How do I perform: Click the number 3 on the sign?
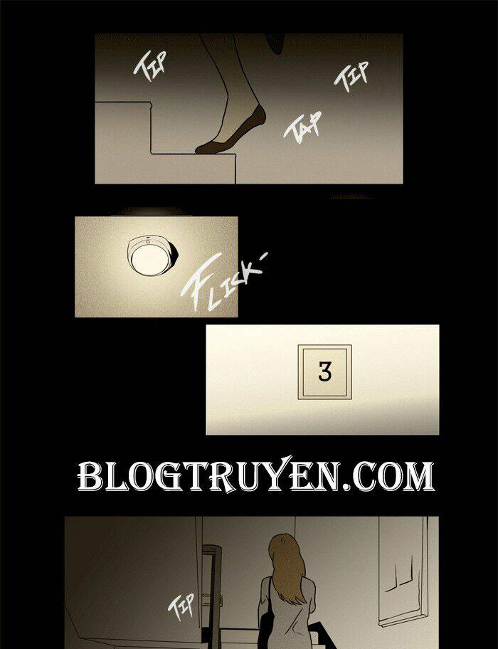324,371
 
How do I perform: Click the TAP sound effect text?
302,127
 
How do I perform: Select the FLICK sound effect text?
224,282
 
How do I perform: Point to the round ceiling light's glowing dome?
147,259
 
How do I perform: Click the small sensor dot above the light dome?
148,241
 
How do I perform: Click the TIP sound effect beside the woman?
181,606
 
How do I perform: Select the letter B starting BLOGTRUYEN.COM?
90,477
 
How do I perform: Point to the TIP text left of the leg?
149,65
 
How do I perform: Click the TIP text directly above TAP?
351,77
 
